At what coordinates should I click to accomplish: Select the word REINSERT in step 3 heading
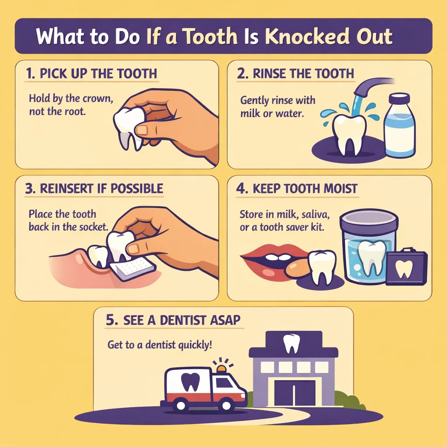click(64, 189)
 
